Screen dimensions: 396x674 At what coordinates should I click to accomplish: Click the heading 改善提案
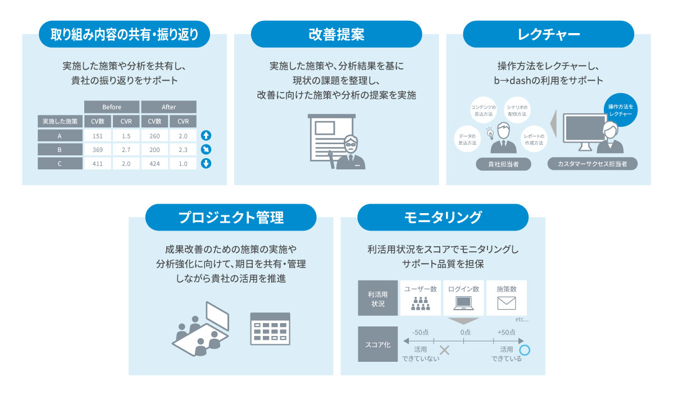pyautogui.click(x=336, y=34)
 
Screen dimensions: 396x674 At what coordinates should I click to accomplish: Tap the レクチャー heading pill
pyautogui.click(x=548, y=34)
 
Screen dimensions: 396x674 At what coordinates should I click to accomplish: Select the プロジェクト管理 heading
pyautogui.click(x=231, y=217)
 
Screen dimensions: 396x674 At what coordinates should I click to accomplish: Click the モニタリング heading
pyautogui.click(x=443, y=217)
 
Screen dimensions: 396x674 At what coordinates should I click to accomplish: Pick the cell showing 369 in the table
pyautogui.click(x=97, y=150)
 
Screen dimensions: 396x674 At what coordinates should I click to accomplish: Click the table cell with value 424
pyautogui.click(x=154, y=164)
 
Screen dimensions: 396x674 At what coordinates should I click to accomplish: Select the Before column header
pyautogui.click(x=111, y=107)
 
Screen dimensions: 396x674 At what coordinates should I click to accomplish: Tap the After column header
pyautogui.click(x=168, y=107)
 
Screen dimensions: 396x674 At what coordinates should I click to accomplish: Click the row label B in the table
pyautogui.click(x=60, y=150)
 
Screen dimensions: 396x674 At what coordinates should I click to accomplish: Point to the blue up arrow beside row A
pyautogui.click(x=206, y=135)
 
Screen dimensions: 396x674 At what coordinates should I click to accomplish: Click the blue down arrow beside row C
pyautogui.click(x=206, y=164)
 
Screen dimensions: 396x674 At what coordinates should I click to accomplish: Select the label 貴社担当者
pyautogui.click(x=503, y=164)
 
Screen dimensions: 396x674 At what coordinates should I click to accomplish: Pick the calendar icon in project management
pyautogui.click(x=270, y=329)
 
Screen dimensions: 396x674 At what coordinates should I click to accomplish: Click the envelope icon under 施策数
pyautogui.click(x=506, y=303)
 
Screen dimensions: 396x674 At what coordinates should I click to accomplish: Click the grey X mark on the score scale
pyautogui.click(x=444, y=351)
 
